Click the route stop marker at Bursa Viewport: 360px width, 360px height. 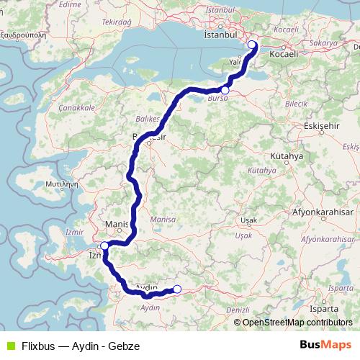[225, 90]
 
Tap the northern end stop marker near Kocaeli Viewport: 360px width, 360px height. [251, 45]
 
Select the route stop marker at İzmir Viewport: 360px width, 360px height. [104, 246]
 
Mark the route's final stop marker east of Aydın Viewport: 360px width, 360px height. [176, 289]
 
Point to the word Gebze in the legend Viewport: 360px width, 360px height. [123, 346]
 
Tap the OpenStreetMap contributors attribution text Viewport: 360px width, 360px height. [297, 322]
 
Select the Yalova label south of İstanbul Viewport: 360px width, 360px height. [235, 63]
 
